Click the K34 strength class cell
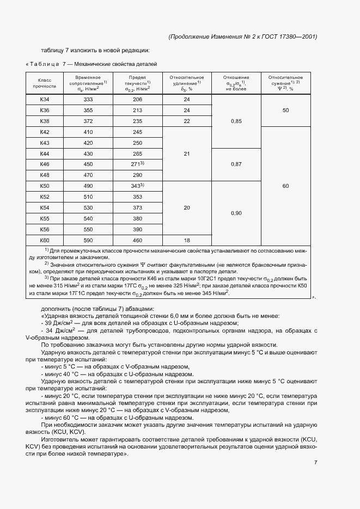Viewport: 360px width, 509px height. (x=45, y=99)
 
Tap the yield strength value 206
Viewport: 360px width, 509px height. (x=137, y=99)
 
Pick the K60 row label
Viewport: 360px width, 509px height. (x=45, y=240)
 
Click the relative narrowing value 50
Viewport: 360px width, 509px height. (x=285, y=110)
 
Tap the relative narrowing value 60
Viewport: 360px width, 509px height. (x=285, y=186)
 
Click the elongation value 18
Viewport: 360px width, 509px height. (x=186, y=240)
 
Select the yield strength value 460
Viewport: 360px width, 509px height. (x=137, y=240)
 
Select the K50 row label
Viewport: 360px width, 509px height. (x=45, y=186)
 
